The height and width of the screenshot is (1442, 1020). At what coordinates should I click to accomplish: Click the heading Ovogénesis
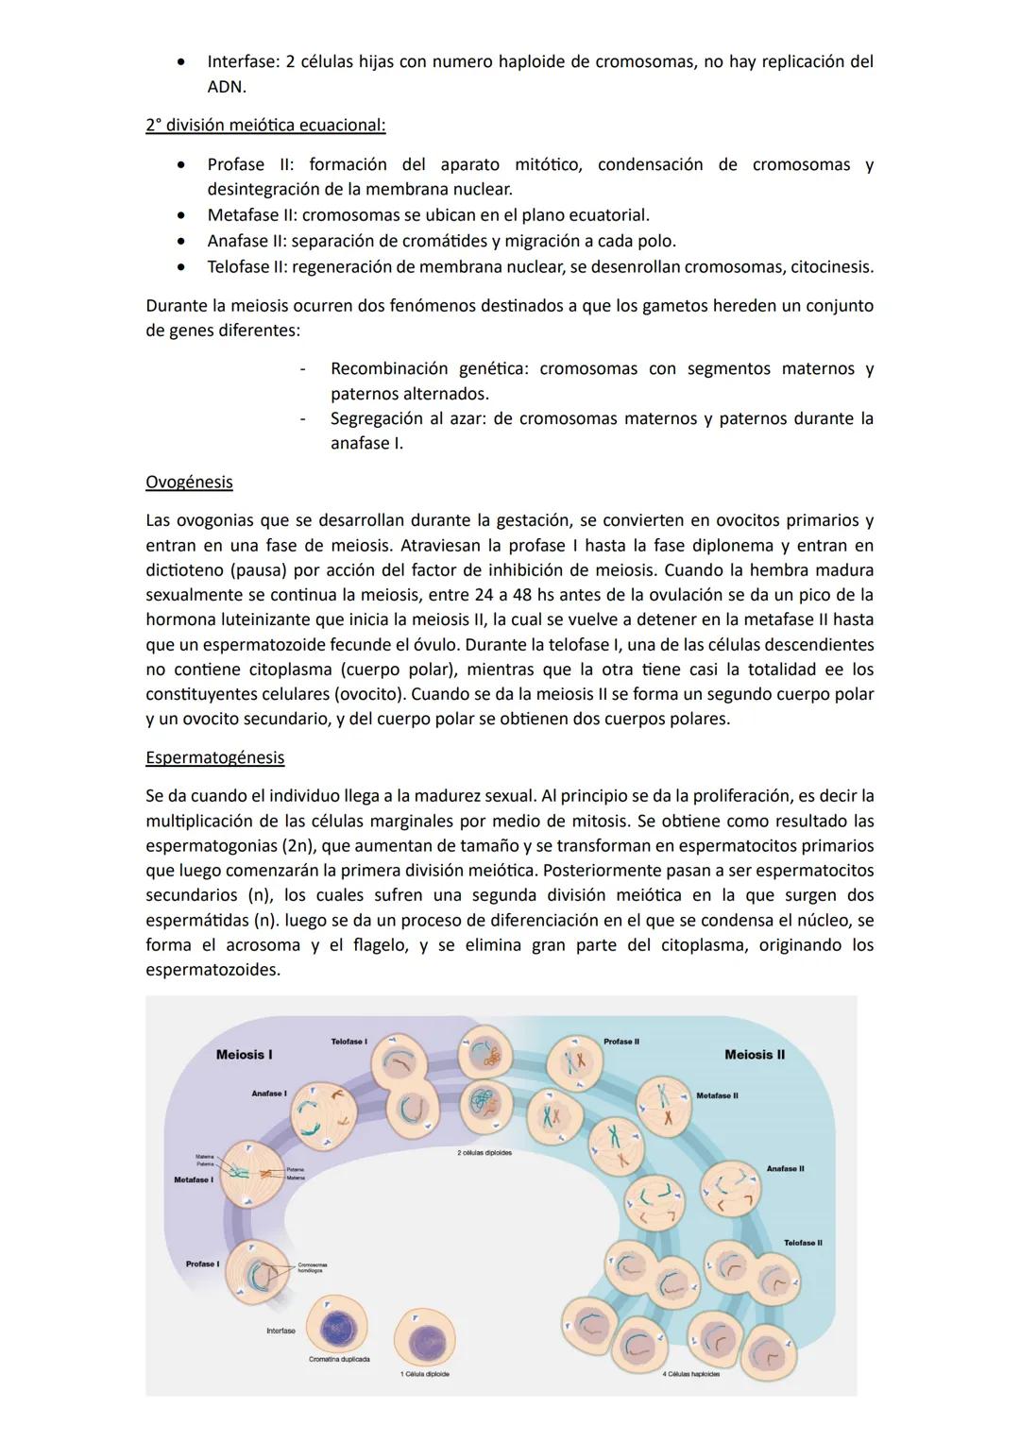(x=189, y=482)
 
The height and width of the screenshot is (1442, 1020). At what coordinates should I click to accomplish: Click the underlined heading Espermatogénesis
(x=214, y=757)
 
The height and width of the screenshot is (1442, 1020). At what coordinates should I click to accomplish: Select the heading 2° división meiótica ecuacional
(x=265, y=126)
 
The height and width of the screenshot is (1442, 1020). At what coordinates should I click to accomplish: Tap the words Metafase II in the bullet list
(x=251, y=215)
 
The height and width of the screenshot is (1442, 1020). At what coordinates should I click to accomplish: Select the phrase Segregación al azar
(x=406, y=418)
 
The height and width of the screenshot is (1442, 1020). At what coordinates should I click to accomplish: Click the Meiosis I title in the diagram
(x=244, y=1055)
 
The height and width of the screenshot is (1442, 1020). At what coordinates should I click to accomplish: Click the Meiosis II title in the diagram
(x=754, y=1055)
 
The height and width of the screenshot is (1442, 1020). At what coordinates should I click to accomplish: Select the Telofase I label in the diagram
(x=348, y=1041)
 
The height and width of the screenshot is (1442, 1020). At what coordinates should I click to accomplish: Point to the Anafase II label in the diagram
(x=785, y=1169)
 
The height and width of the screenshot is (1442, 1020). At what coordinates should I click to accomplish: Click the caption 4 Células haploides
(x=690, y=1374)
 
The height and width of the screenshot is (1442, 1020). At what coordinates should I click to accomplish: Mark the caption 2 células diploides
(x=484, y=1153)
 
